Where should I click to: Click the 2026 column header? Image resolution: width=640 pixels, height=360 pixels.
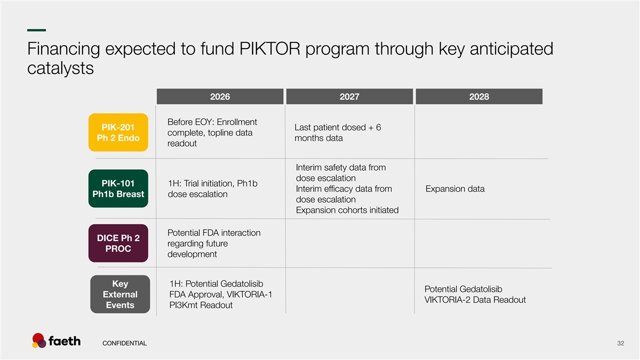coord(220,97)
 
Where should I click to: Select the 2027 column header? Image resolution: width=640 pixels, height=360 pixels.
coord(349,97)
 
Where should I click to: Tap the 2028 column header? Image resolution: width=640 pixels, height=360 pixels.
coord(479,97)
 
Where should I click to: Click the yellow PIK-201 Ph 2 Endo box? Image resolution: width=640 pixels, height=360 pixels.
coord(118,133)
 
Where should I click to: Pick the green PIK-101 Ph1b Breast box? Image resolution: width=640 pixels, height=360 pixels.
coord(118,189)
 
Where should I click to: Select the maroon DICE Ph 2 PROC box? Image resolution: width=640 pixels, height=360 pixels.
coord(118,243)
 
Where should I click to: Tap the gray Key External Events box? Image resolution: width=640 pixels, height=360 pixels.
coord(120,294)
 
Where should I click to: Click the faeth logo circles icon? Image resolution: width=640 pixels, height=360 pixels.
coord(39,341)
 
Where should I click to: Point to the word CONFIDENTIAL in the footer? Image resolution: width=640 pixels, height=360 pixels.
coord(125,343)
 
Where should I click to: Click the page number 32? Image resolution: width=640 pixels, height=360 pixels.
coord(621,343)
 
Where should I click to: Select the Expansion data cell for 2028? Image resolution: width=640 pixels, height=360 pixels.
coord(455,189)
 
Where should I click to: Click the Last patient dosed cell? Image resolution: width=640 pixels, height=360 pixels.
coord(338,133)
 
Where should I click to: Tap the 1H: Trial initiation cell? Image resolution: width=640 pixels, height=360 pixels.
coord(213,189)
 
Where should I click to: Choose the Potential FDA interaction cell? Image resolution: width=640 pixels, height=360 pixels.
coord(214,243)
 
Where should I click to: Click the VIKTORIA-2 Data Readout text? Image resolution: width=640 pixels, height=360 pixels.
coord(475,300)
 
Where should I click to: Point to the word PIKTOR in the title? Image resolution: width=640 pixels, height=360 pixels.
coord(270,49)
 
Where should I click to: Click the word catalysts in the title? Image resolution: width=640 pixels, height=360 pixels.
coord(60,68)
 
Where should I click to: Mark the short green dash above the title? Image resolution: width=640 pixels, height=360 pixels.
coord(37,30)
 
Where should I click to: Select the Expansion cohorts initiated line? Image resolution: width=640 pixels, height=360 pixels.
coord(347,210)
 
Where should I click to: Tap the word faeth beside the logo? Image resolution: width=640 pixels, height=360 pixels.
coord(65,341)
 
